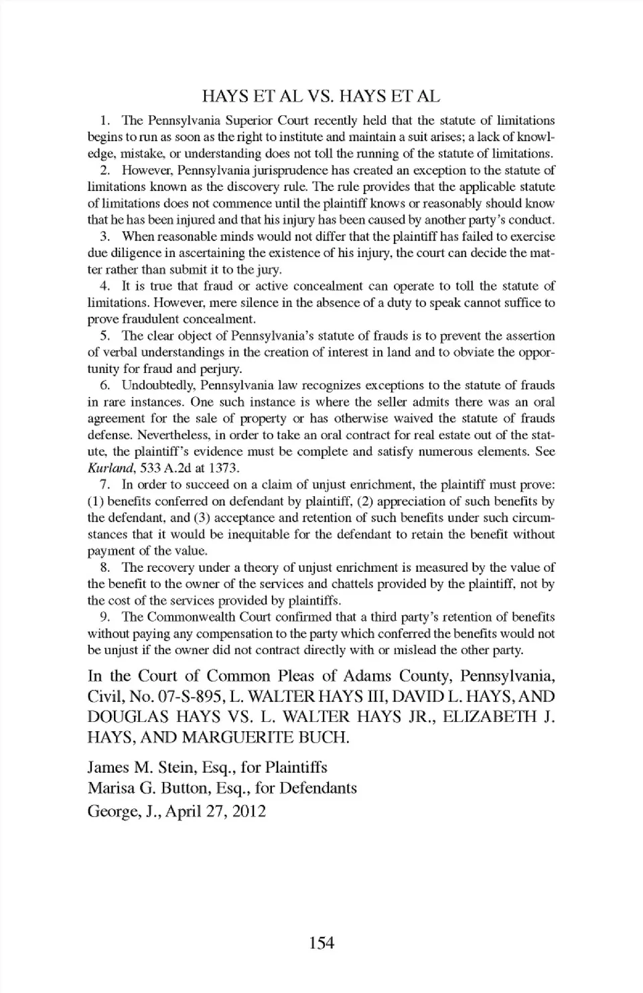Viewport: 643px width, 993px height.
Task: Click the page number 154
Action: (x=321, y=943)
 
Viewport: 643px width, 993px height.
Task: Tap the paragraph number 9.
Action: (x=104, y=617)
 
